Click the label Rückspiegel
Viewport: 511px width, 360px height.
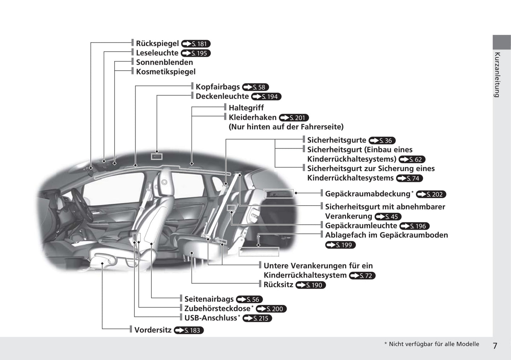(x=157, y=43)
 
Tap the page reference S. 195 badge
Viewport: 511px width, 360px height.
(x=196, y=53)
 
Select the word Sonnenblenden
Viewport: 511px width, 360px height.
(x=164, y=62)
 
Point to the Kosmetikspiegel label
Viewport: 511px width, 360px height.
(x=166, y=72)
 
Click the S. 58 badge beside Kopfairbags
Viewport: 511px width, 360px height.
(x=255, y=87)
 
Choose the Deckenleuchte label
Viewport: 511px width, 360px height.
(x=222, y=96)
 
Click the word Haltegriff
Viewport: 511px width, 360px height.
(x=246, y=108)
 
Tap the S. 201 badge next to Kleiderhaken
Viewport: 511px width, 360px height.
(x=294, y=118)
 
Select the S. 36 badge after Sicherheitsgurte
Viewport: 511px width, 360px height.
(x=382, y=141)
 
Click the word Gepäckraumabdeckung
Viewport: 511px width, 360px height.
(x=367, y=194)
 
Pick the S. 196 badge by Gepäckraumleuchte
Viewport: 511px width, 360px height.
(x=414, y=226)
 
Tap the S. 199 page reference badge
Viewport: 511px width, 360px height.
(x=340, y=245)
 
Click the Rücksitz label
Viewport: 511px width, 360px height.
(x=278, y=284)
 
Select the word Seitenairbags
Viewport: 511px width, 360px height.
(x=209, y=299)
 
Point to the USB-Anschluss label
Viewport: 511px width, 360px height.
(x=210, y=318)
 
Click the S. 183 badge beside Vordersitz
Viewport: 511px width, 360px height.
(x=189, y=330)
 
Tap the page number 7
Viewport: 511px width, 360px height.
(x=495, y=346)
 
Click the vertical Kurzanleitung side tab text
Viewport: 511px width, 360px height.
(x=497, y=75)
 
